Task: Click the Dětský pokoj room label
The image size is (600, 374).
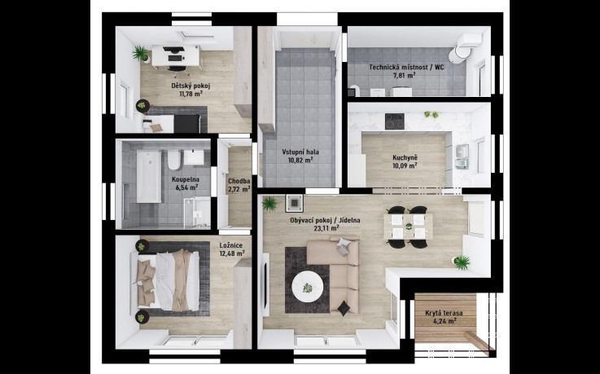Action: pyautogui.click(x=191, y=86)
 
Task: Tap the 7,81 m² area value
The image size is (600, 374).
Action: pyautogui.click(x=404, y=76)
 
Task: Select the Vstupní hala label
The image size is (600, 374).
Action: pyautogui.click(x=300, y=152)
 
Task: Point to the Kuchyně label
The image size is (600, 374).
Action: pyautogui.click(x=405, y=157)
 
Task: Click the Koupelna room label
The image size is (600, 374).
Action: pyautogui.click(x=186, y=179)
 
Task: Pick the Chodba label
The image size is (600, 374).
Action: pyautogui.click(x=239, y=181)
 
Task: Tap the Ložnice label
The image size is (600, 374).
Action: pyautogui.click(x=230, y=245)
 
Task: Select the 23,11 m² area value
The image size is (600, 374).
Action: pyautogui.click(x=326, y=228)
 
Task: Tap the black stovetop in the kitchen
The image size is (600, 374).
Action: pyautogui.click(x=395, y=121)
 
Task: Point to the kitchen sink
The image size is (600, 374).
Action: pyautogui.click(x=462, y=156)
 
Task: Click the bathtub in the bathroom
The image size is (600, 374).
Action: pyautogui.click(x=149, y=177)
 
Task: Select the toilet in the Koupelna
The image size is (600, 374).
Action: pyautogui.click(x=173, y=160)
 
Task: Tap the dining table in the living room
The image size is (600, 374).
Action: pyautogui.click(x=409, y=227)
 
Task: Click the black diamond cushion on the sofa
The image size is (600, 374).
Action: pyautogui.click(x=344, y=308)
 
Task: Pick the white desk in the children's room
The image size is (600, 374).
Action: pyautogui.click(x=176, y=56)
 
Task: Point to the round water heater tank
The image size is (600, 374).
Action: pyautogui.click(x=458, y=55)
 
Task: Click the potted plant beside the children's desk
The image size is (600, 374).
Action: pyautogui.click(x=141, y=54)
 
